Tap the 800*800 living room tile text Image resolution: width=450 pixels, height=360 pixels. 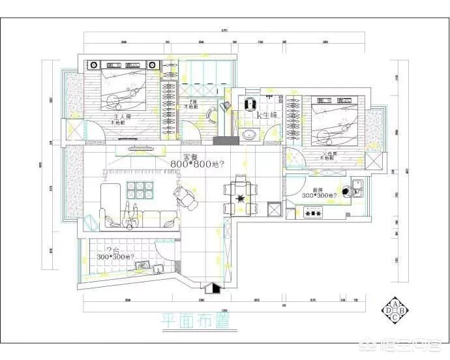tap(197, 164)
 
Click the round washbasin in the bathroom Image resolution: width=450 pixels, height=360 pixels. tap(249, 135)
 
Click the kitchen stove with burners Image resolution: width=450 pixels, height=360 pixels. tap(314, 212)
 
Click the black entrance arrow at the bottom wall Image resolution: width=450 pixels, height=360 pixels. tap(211, 287)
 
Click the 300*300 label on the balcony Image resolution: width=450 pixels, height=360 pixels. tap(115, 256)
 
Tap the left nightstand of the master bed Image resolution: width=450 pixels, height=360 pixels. tap(93, 65)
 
